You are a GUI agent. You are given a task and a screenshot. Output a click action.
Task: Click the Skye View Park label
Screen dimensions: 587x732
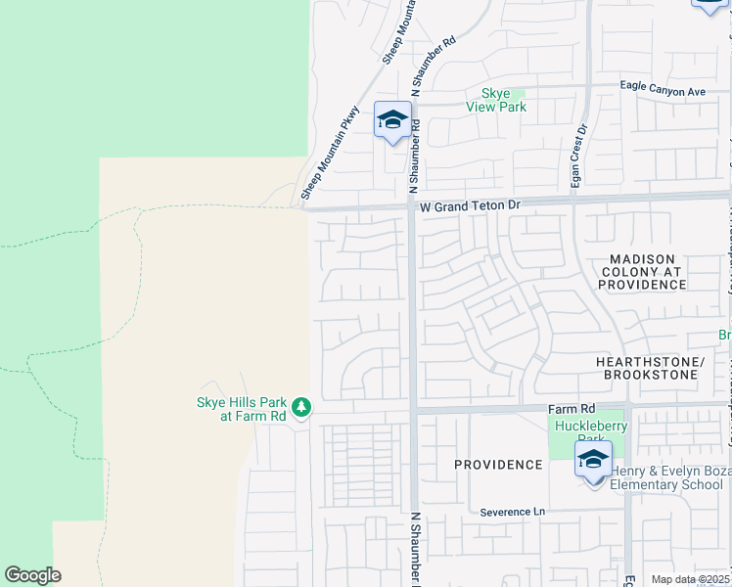[x=496, y=100]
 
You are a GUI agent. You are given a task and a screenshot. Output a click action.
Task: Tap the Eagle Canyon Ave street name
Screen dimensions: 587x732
[x=663, y=91]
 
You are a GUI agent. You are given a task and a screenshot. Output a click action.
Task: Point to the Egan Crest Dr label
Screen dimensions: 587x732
[x=579, y=143]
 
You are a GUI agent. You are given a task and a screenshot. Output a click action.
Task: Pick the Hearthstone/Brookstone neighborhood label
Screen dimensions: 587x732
[x=650, y=368]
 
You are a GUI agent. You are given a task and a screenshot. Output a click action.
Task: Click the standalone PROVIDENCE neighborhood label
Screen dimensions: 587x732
[x=498, y=465]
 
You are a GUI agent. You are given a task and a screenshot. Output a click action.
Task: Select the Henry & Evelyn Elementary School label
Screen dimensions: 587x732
[x=666, y=477]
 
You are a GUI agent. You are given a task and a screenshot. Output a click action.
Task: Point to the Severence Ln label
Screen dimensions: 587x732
[x=512, y=512]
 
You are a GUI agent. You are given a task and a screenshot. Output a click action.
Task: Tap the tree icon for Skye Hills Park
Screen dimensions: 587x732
[x=301, y=406]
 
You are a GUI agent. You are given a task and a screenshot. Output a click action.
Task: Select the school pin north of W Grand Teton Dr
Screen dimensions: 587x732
[x=392, y=120]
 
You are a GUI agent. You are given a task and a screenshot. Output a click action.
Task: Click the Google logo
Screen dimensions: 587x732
[x=32, y=575]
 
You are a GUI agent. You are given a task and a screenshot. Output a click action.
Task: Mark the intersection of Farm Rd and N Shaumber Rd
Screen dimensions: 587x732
[x=413, y=410]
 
